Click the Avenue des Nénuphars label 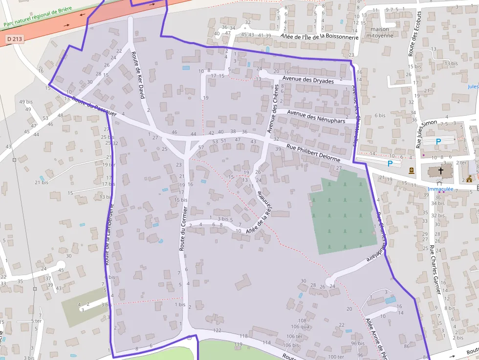click(x=316, y=117)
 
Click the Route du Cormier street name click(x=183, y=229)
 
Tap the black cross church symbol click(x=441, y=171)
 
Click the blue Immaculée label click(x=440, y=189)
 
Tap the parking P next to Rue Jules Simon click(x=438, y=141)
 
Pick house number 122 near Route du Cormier click(x=217, y=330)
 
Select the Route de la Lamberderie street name click(x=109, y=234)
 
